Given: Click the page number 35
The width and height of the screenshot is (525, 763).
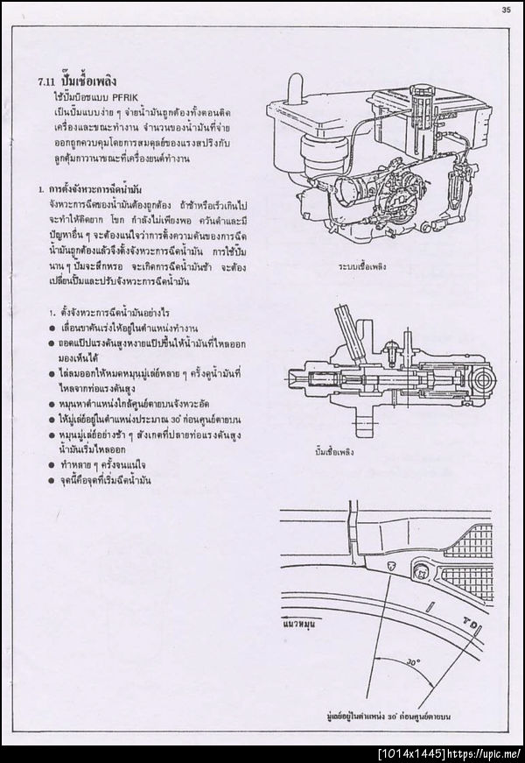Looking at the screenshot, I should point(506,10).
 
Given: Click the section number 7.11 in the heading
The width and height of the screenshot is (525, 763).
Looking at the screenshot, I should point(37,77).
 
